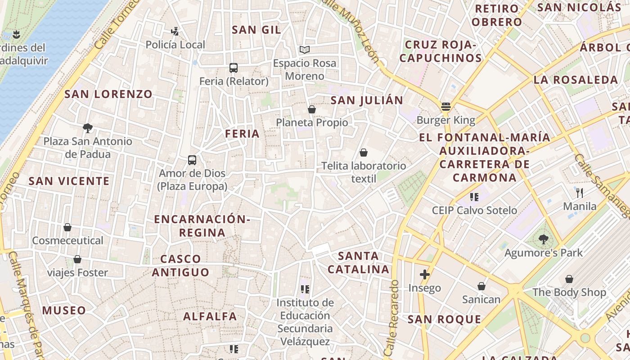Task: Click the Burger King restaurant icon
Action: [446, 107]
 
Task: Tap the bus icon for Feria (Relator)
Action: [233, 68]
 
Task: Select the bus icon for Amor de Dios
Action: [192, 160]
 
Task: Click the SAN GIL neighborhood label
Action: [256, 30]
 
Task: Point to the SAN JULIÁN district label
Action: [367, 100]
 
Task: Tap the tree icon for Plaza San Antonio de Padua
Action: [88, 128]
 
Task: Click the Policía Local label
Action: [175, 45]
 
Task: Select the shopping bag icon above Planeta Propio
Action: [311, 109]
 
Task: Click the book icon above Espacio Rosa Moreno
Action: [305, 49]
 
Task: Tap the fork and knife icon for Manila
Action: [580, 193]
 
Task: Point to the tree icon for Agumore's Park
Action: [544, 239]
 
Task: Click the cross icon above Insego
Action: [424, 274]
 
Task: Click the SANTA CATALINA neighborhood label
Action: [358, 263]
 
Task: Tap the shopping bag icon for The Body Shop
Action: [569, 279]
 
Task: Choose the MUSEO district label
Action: [64, 310]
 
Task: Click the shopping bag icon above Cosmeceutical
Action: [67, 227]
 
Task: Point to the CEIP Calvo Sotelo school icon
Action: [474, 197]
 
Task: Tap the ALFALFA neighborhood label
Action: [210, 316]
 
